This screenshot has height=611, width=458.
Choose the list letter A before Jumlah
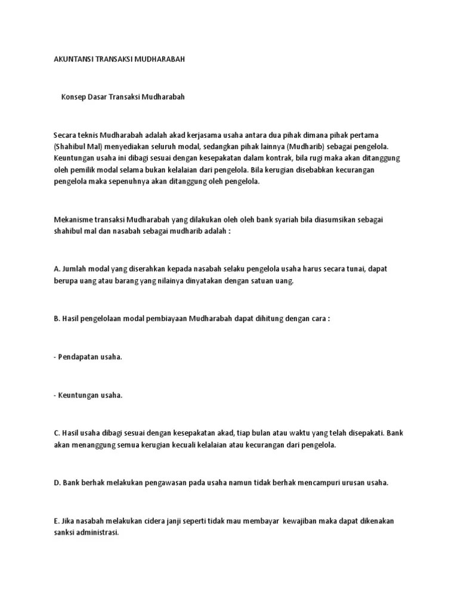click(x=56, y=269)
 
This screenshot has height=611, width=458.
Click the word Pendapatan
click(x=80, y=357)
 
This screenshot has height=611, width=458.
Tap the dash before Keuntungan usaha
click(x=54, y=395)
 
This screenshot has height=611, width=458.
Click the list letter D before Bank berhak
click(x=56, y=483)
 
